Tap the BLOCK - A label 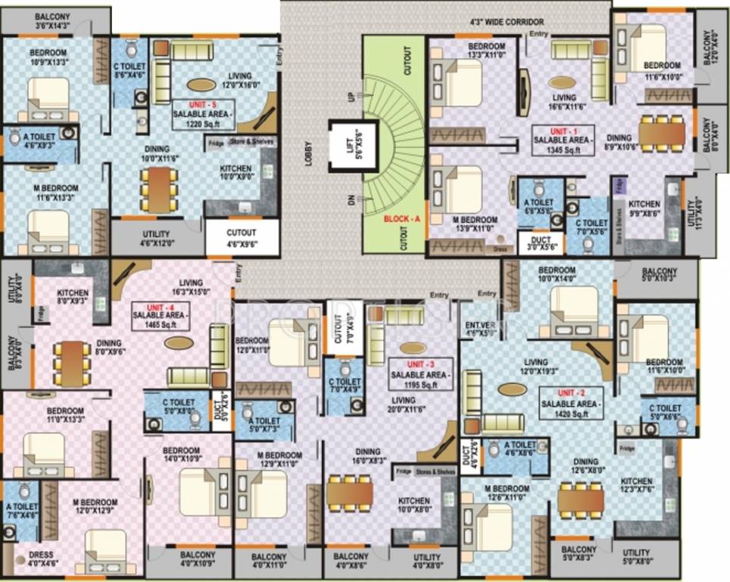[x=401, y=218]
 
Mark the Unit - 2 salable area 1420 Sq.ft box [x=569, y=404]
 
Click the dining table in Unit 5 [x=160, y=189]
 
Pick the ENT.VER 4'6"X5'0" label [x=479, y=328]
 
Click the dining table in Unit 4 [x=73, y=358]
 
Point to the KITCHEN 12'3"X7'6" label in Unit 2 [x=636, y=486]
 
